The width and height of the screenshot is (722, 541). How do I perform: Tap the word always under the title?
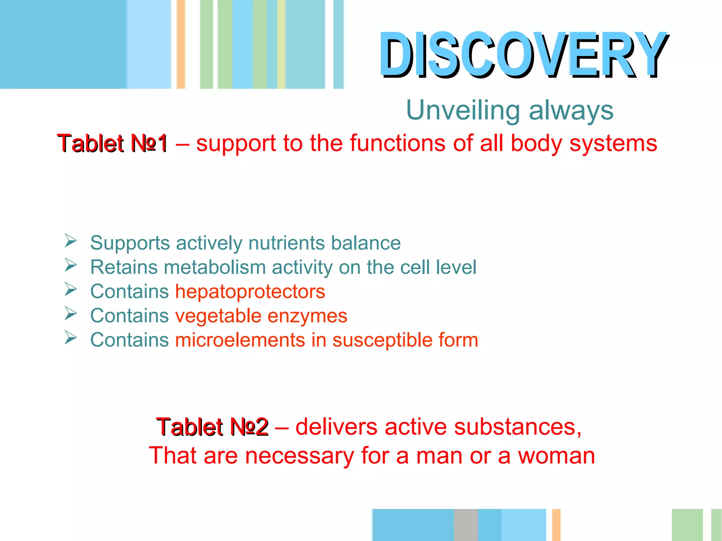pyautogui.click(x=571, y=110)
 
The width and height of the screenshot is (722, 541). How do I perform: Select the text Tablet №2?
pyautogui.click(x=213, y=427)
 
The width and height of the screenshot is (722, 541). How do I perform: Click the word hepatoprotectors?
pyautogui.click(x=250, y=292)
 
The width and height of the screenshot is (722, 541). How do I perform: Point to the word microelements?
pyautogui.click(x=240, y=340)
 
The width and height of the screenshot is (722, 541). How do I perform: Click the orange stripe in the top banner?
pyautogui.click(x=181, y=44)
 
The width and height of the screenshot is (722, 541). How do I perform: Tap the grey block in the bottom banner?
pyautogui.click(x=466, y=525)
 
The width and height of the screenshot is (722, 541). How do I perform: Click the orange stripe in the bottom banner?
pyautogui.click(x=556, y=525)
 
